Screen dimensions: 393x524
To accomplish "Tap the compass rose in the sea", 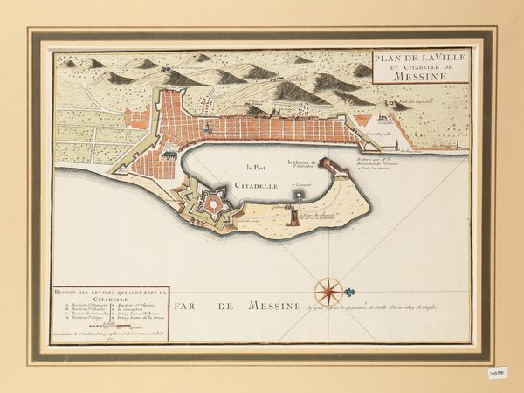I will pos(328,291).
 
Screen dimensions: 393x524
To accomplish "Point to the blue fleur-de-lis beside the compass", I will pos(349,292).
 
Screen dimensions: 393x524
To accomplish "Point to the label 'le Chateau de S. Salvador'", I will pos(301,163).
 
